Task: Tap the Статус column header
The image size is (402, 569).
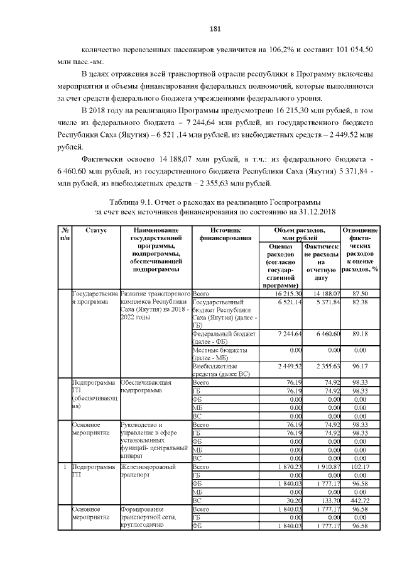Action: coord(95,231)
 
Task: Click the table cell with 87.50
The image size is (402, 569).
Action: coord(360,293)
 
